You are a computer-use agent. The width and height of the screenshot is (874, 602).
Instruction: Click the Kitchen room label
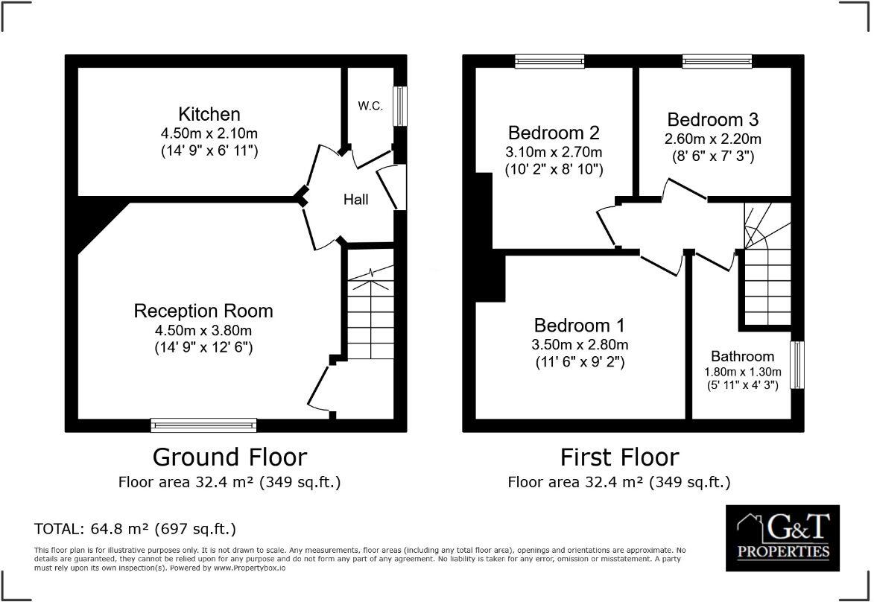pos(209,114)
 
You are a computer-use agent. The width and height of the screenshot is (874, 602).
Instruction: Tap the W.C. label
pos(370,107)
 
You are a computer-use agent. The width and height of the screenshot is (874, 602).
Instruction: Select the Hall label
pos(355,200)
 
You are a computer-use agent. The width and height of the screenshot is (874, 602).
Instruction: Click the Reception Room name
pos(203,311)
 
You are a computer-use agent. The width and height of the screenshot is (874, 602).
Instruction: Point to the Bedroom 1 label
pos(579,326)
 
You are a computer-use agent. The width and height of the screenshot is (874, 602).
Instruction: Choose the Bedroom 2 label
pos(554,133)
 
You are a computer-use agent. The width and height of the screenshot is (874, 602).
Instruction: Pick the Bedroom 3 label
pos(712,120)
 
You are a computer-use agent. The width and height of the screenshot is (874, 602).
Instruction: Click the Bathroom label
pos(742,356)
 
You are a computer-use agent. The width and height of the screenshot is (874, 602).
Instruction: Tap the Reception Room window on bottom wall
pos(203,425)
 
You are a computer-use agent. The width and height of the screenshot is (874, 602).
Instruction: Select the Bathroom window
pos(797,365)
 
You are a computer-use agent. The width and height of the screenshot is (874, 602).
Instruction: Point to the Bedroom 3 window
pos(717,61)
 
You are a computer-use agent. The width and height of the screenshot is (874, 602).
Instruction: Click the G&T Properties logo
pos(782,537)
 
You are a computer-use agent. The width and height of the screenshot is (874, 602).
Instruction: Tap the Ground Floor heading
pos(229,457)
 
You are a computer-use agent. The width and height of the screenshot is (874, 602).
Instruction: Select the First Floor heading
pos(619,457)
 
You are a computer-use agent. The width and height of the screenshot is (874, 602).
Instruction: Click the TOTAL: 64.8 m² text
pos(135,529)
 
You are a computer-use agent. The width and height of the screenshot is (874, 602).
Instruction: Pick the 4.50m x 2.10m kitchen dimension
pos(209,134)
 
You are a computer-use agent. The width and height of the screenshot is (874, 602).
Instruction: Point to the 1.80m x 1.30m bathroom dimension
pos(742,372)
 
